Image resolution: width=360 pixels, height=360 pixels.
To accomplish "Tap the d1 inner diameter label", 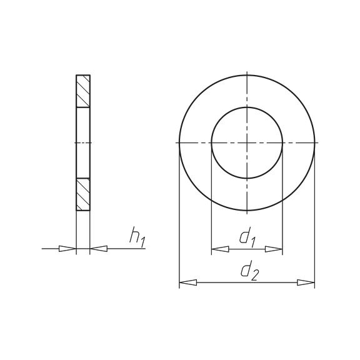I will [x=247, y=237].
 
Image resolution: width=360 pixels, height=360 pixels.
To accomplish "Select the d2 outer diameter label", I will [x=247, y=271].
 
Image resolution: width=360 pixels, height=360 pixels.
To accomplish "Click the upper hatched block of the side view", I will [x=83, y=91].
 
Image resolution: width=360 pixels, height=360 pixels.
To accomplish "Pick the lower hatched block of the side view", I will [x=83, y=194].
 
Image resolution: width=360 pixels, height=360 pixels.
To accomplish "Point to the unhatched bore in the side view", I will [x=83, y=143].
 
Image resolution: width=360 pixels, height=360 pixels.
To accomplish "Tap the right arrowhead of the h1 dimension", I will [x=99, y=249].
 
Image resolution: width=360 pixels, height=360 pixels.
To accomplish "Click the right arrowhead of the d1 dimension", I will [x=274, y=249].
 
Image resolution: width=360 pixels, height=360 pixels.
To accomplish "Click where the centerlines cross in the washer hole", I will [x=247, y=143].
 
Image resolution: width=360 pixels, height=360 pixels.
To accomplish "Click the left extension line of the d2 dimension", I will [x=179, y=219].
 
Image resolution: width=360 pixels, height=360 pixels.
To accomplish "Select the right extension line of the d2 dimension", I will [x=314, y=219].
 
